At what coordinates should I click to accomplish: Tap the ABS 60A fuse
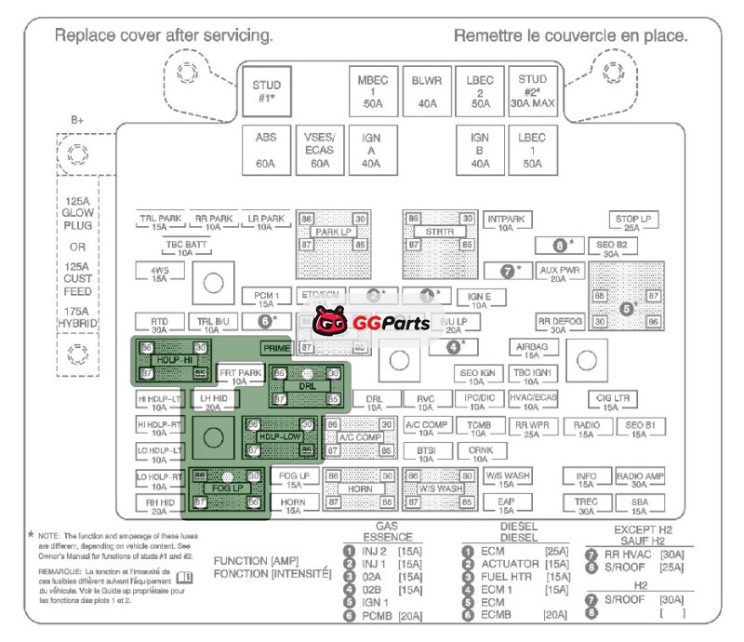pos(266,150)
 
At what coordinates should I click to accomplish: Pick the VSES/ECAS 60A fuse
pos(319,150)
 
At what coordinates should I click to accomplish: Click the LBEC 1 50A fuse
pos(532,150)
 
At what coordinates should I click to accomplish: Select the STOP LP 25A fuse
pos(632,222)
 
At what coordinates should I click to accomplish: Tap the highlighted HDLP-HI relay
pos(174,360)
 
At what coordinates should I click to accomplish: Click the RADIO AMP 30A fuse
pos(640,479)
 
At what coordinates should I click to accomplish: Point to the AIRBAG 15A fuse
pos(532,350)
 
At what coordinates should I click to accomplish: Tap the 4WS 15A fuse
pos(159,273)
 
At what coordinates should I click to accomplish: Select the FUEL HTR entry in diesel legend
pos(510,576)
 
